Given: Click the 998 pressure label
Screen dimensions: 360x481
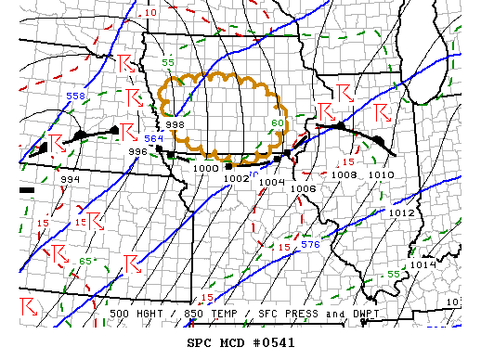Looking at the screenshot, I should coord(175,125).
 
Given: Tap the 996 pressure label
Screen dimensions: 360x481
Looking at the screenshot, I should coord(137,151).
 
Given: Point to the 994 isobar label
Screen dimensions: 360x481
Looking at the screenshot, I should coord(70,179).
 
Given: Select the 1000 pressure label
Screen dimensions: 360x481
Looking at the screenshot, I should coord(206,168).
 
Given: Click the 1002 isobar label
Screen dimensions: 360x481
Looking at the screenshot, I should coord(237,178).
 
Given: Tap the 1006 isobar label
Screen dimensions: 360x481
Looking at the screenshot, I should coord(304,188).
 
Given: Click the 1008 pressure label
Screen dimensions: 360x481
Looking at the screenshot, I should coord(344,174).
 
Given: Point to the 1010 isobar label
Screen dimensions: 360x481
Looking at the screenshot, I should coord(380,174).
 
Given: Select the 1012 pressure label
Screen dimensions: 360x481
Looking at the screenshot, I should coord(401,212).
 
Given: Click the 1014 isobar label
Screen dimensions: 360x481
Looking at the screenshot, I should coord(423,264).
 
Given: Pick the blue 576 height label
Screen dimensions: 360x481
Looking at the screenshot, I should coord(310,244).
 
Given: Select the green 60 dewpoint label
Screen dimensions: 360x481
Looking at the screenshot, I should coord(278,123).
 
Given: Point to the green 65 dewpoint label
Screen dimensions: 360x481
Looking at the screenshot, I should coord(84,261).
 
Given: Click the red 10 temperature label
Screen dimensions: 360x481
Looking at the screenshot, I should coord(150,13).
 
